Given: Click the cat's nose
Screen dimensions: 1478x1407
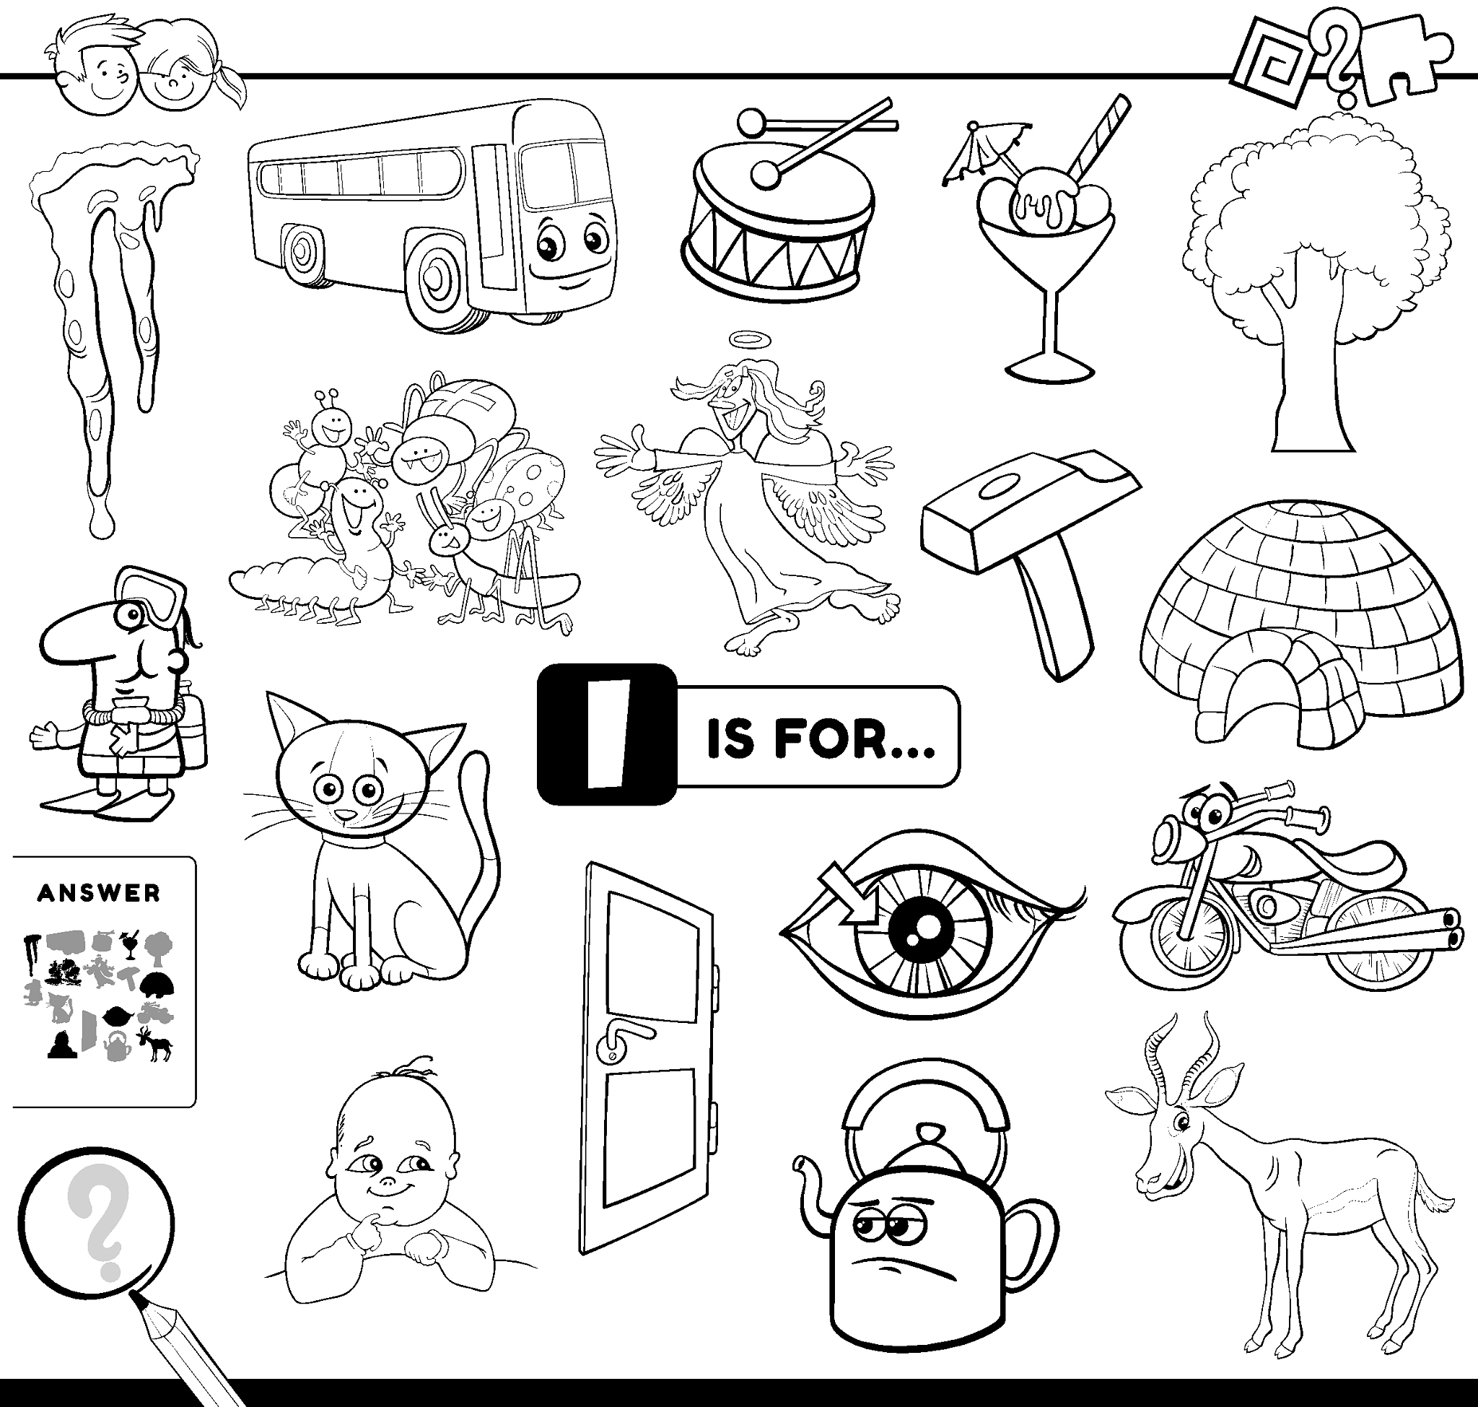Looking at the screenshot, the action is tap(344, 814).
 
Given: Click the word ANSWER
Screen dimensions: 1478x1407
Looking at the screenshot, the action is tap(99, 892).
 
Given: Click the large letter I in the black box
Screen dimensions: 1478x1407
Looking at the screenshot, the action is tap(608, 734).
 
